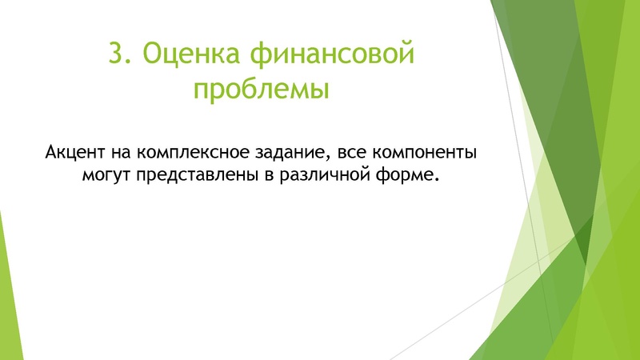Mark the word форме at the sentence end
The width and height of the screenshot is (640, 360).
click(x=412, y=174)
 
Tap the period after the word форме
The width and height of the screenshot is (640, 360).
click(x=439, y=178)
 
